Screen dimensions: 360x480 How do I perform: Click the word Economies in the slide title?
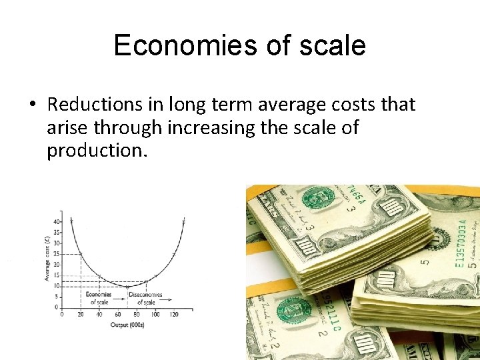point(169,45)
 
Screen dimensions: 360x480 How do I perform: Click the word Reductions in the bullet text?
point(95,105)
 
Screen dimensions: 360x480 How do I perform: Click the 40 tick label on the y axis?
point(57,221)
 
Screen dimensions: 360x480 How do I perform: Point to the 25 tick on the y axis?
point(57,253)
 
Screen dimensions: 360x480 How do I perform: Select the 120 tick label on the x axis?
point(174,314)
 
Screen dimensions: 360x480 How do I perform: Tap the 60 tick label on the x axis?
point(118,314)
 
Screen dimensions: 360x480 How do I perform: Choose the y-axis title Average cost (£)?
point(47,262)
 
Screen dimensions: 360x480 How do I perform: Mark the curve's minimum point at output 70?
point(127,286)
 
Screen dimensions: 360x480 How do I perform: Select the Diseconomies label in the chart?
point(145,295)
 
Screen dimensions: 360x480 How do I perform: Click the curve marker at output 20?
point(81,254)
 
